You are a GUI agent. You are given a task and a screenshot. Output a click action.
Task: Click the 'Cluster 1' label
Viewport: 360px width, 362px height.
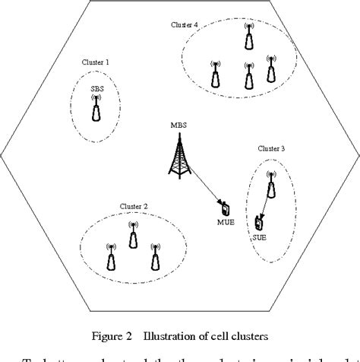click(96, 62)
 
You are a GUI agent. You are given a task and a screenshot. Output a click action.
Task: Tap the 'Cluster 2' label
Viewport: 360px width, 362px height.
click(134, 206)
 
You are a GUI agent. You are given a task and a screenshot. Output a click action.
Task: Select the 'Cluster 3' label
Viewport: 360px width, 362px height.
click(271, 149)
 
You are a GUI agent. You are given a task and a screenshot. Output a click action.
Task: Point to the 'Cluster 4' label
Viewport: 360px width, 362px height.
click(185, 25)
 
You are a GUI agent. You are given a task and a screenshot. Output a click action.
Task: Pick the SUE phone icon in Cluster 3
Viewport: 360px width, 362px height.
click(260, 223)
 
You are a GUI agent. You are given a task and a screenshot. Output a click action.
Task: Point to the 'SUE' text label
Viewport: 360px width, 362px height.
click(260, 238)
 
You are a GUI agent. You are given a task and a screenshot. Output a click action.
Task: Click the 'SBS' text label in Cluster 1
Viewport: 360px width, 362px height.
click(97, 89)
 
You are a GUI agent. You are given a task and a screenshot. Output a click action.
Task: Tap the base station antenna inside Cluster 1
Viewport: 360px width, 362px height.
click(97, 110)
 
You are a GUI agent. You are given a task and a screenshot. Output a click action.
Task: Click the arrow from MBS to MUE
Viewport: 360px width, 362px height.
click(203, 186)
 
